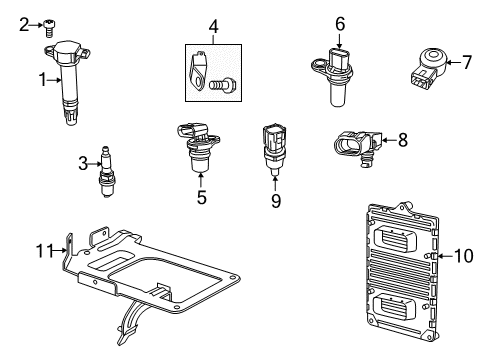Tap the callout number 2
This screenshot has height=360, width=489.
pyautogui.click(x=24, y=26)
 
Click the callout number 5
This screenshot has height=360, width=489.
pyautogui.click(x=200, y=198)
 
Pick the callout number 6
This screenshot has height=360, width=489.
pyautogui.click(x=340, y=23)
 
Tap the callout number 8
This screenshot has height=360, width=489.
pyautogui.click(x=402, y=141)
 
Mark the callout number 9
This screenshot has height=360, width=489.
pyautogui.click(x=275, y=200)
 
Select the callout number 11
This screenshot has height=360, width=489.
pyautogui.click(x=43, y=250)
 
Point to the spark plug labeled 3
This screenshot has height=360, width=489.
pyautogui.click(x=107, y=171)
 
